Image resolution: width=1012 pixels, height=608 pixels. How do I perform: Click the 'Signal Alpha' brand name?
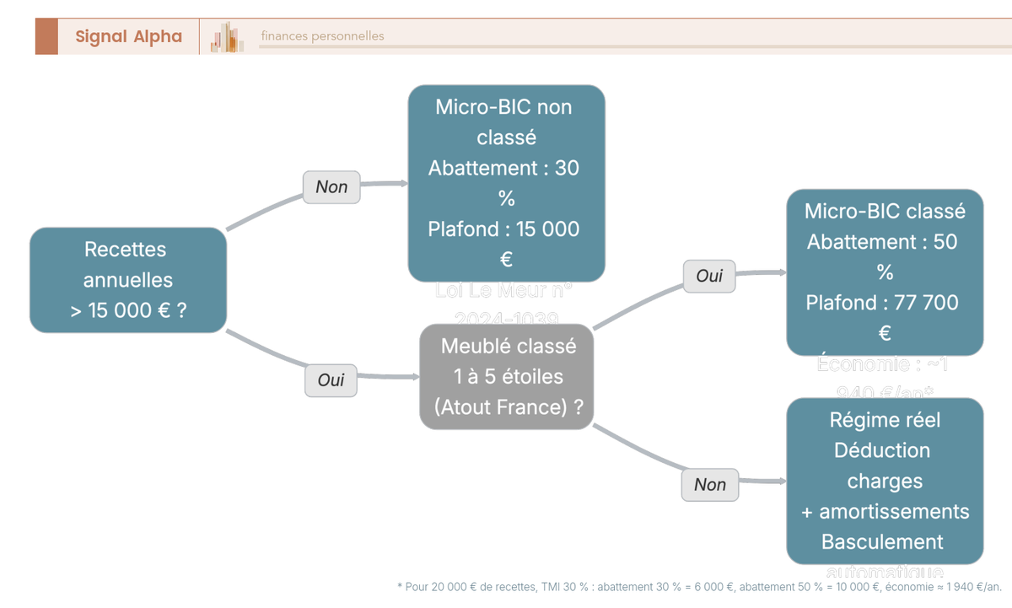click(x=128, y=36)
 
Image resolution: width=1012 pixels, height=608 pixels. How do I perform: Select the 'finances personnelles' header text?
click(x=322, y=36)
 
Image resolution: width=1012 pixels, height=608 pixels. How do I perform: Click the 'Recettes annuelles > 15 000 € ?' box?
click(x=128, y=280)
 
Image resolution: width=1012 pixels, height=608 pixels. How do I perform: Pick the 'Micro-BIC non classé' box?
click(x=506, y=183)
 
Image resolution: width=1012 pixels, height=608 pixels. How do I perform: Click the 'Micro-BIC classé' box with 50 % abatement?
click(x=885, y=272)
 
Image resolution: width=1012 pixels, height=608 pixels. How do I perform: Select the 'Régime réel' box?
click(x=885, y=481)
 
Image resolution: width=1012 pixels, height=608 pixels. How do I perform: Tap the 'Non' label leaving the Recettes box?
click(x=331, y=187)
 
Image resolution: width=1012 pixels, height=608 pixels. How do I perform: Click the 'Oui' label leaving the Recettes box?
click(x=331, y=380)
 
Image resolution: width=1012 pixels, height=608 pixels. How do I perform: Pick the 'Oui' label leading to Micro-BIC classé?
click(x=709, y=276)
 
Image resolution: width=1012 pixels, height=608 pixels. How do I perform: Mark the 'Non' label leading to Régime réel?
click(x=709, y=485)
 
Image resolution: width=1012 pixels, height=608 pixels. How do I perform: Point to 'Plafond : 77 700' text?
click(x=881, y=303)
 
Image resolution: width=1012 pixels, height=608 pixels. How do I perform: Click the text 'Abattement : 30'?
click(x=503, y=168)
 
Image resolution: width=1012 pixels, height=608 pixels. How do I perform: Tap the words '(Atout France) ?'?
click(x=509, y=406)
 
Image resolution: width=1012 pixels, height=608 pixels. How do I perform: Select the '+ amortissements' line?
click(x=885, y=511)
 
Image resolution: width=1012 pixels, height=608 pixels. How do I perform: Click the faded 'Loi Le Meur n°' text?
click(x=503, y=291)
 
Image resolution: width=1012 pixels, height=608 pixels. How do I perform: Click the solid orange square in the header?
click(x=46, y=36)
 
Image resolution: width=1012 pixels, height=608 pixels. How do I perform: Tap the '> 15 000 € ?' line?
click(x=128, y=310)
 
